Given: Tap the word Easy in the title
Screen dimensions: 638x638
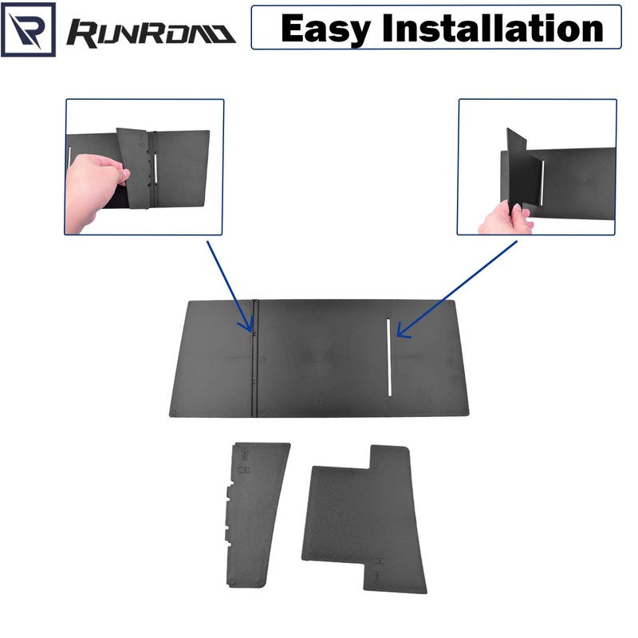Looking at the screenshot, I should (x=327, y=30).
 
